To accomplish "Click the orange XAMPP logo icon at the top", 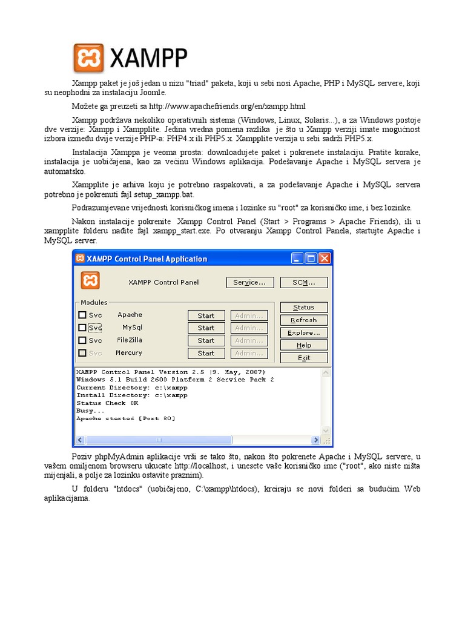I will click(x=88, y=58).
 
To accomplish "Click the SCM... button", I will click(x=303, y=282).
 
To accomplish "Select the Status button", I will click(x=303, y=308).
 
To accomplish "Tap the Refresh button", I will click(x=303, y=320).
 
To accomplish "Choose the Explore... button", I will click(x=303, y=333).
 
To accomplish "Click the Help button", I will click(x=303, y=345).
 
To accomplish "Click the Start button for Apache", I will click(x=206, y=315).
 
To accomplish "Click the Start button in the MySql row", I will click(x=206, y=328).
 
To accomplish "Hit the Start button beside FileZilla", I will click(x=206, y=341).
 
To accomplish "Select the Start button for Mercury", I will click(x=206, y=354).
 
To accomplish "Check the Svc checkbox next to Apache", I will click(x=82, y=315).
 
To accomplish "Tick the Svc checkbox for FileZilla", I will click(x=82, y=340).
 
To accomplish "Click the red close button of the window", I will click(x=326, y=259).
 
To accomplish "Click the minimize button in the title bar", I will click(x=297, y=259).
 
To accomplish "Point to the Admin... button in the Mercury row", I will click(x=249, y=354).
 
